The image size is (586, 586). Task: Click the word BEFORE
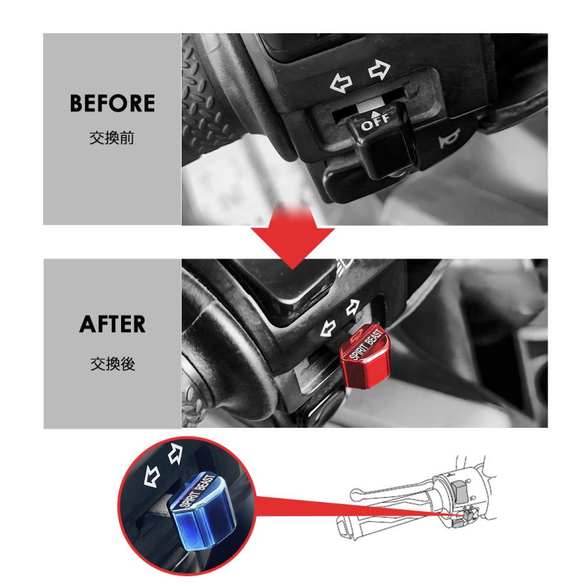(112, 103)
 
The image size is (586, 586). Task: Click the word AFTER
(112, 324)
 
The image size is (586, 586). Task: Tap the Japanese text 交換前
(112, 139)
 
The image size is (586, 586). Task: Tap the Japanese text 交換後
(112, 364)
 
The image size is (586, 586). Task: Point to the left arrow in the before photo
(341, 83)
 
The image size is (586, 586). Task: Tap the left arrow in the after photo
(327, 329)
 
